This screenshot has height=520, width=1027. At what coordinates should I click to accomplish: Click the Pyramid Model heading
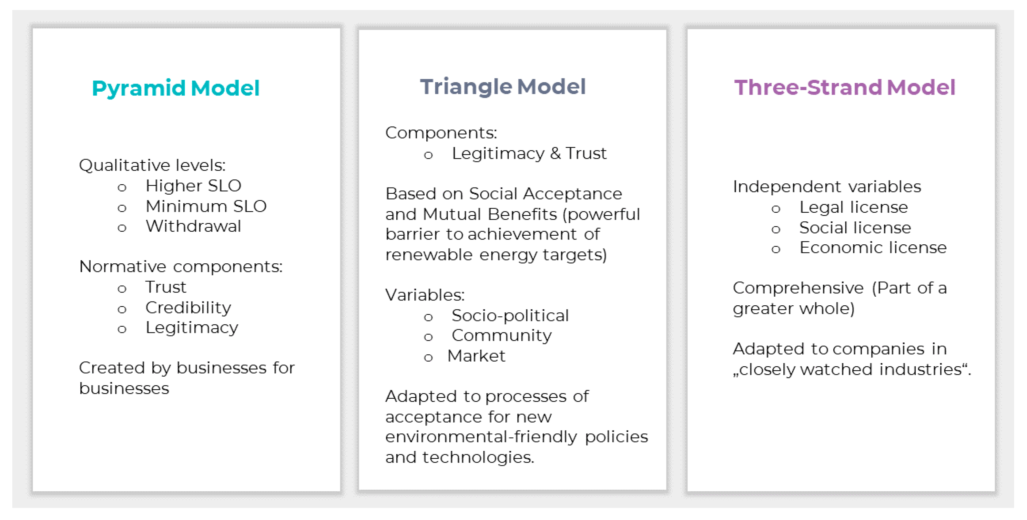pyautogui.click(x=176, y=88)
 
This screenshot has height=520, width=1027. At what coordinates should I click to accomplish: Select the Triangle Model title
pyautogui.click(x=503, y=87)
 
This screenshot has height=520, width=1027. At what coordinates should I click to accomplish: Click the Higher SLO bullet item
pyautogui.click(x=193, y=186)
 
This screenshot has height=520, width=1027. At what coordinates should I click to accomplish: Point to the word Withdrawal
pyautogui.click(x=193, y=227)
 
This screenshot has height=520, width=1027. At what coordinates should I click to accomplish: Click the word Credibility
pyautogui.click(x=188, y=308)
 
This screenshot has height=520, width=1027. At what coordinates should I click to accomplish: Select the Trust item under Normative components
pyautogui.click(x=166, y=287)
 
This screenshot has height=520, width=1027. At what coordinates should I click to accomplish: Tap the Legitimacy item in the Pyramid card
pyautogui.click(x=192, y=328)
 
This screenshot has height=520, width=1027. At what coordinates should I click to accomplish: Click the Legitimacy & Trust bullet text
pyautogui.click(x=529, y=154)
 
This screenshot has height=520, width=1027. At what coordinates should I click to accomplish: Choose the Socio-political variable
pyautogui.click(x=510, y=316)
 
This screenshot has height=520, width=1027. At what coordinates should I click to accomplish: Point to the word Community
pyautogui.click(x=502, y=336)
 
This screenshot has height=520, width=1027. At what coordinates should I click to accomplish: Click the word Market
pyautogui.click(x=476, y=356)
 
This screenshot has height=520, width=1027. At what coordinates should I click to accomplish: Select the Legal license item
pyautogui.click(x=854, y=207)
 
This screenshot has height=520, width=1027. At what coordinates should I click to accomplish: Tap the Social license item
pyautogui.click(x=855, y=228)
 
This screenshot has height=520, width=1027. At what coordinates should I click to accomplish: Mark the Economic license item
pyautogui.click(x=873, y=248)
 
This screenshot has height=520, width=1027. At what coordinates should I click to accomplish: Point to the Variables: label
pyautogui.click(x=425, y=295)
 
